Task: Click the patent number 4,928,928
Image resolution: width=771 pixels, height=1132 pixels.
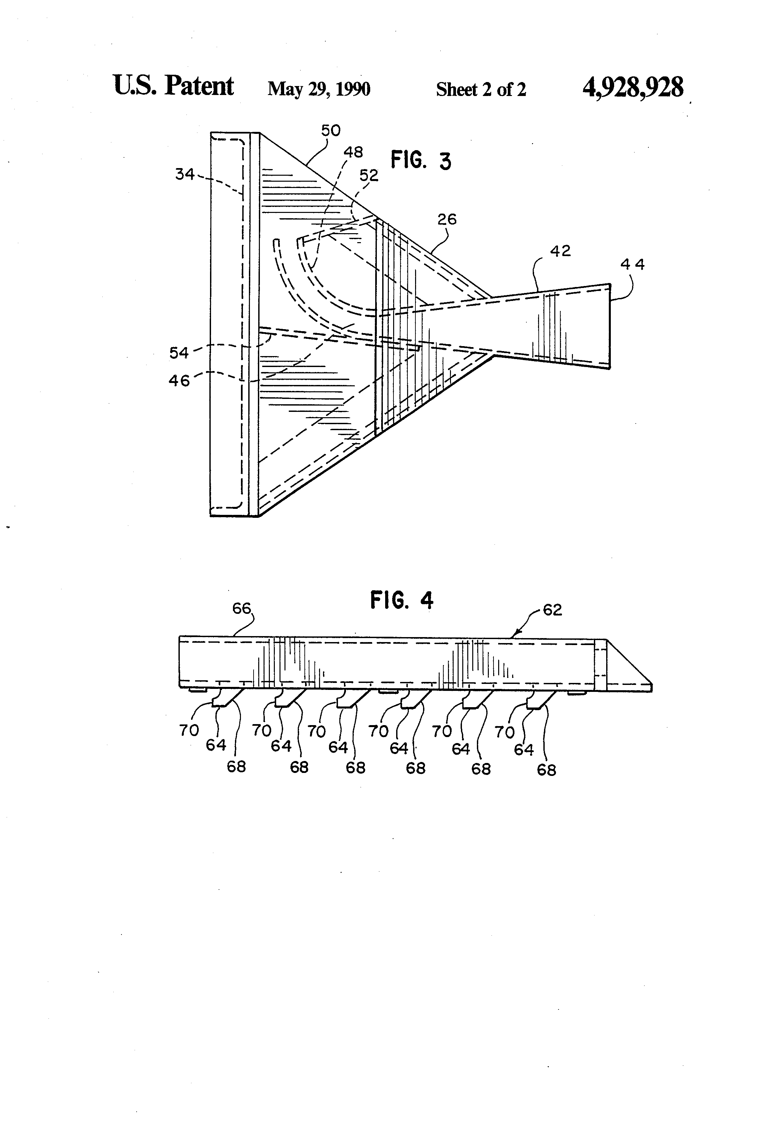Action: coord(633,88)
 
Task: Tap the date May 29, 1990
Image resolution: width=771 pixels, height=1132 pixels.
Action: coord(319,89)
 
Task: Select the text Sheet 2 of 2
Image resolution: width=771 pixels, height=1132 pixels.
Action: coord(481,90)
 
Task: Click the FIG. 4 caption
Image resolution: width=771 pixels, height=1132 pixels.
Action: coord(401,600)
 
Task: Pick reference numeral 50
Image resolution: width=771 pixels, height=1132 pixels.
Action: coord(330,131)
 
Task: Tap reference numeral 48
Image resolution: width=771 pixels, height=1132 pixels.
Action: coord(353,152)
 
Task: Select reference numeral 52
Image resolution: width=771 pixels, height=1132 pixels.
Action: coord(369,175)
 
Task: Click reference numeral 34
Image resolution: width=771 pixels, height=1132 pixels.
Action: coord(185,174)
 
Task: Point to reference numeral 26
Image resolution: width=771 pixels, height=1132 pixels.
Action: coord(446,219)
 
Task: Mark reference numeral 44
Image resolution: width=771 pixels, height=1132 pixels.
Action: coord(633,264)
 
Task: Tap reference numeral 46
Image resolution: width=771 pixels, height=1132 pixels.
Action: coord(179,380)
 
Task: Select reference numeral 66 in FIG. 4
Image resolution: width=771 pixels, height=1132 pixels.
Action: coord(241,609)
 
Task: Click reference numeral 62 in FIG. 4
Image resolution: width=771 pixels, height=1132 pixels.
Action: coord(552,610)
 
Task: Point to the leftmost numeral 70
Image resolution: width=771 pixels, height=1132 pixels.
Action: coord(189,730)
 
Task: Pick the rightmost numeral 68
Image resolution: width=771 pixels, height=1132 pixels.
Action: coord(546,770)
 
